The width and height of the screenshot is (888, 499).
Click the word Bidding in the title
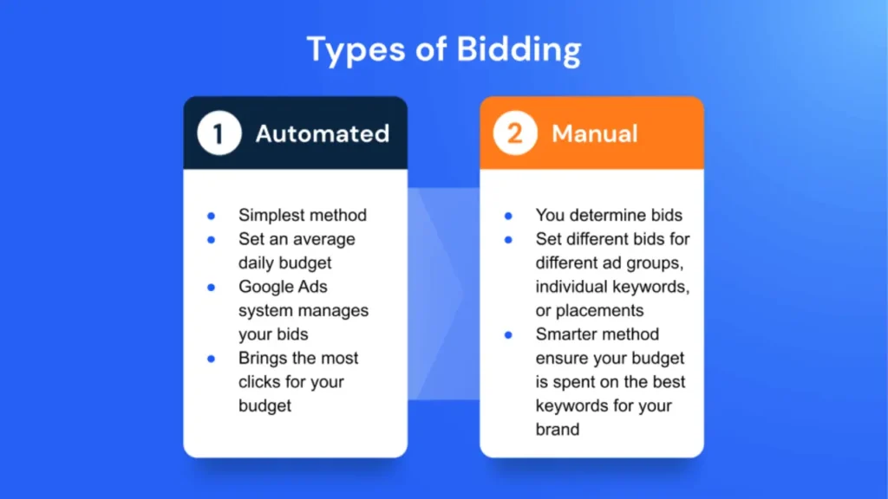(x=519, y=49)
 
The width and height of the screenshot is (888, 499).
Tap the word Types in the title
(x=356, y=50)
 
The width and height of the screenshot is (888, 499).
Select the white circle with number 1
(x=219, y=133)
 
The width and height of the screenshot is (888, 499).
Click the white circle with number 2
(x=515, y=133)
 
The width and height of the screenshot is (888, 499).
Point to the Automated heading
(x=323, y=133)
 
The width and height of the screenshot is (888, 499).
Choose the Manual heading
(x=595, y=133)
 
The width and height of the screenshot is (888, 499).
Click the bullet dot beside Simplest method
(x=212, y=216)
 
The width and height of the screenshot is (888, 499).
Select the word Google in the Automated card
(x=266, y=287)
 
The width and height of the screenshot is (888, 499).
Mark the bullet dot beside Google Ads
(x=212, y=288)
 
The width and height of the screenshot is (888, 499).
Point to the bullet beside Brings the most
(x=212, y=359)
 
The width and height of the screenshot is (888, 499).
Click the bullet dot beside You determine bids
(x=508, y=216)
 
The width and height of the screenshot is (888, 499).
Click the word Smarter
(x=569, y=334)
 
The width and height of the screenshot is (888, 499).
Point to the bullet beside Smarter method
(x=508, y=335)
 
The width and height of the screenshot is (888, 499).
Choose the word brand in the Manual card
(x=558, y=430)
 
